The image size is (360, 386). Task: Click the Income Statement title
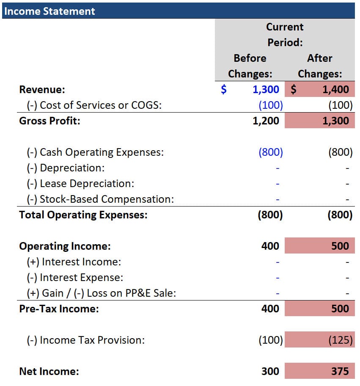point(50,11)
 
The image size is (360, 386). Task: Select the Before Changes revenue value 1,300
point(266,89)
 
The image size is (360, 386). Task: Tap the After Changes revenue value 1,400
point(335,89)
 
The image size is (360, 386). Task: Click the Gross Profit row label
point(49,121)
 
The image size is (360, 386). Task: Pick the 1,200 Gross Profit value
point(266,121)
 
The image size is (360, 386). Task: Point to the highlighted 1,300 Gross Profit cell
point(335,121)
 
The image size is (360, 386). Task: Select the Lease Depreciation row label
point(80,183)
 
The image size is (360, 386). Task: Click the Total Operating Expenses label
point(83,215)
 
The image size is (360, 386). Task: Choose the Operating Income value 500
point(340,246)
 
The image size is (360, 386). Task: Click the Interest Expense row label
point(75,277)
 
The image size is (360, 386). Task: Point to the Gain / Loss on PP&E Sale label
point(101,293)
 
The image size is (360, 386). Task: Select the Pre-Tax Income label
point(59,309)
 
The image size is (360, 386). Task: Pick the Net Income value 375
point(340,371)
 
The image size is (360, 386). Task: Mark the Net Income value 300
point(270,371)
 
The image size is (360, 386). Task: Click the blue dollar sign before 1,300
point(223,89)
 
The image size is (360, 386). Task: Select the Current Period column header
point(285,35)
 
